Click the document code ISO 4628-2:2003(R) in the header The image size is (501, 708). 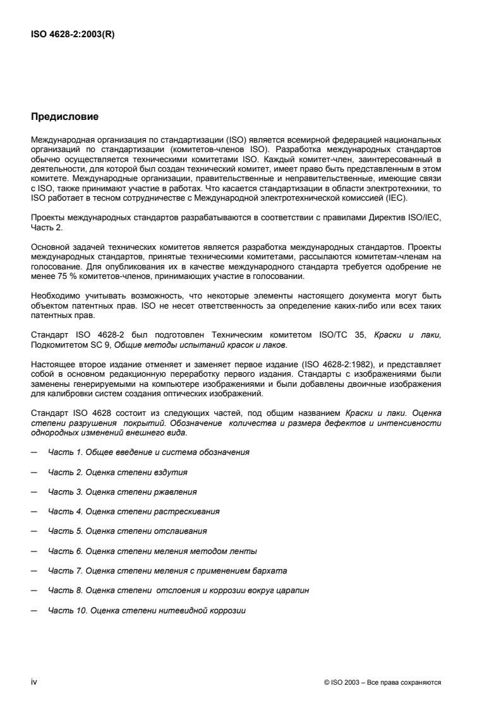73,35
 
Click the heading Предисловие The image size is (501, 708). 64,117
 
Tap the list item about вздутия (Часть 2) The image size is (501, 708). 118,472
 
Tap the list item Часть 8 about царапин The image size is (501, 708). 178,590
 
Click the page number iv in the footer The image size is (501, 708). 34,682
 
